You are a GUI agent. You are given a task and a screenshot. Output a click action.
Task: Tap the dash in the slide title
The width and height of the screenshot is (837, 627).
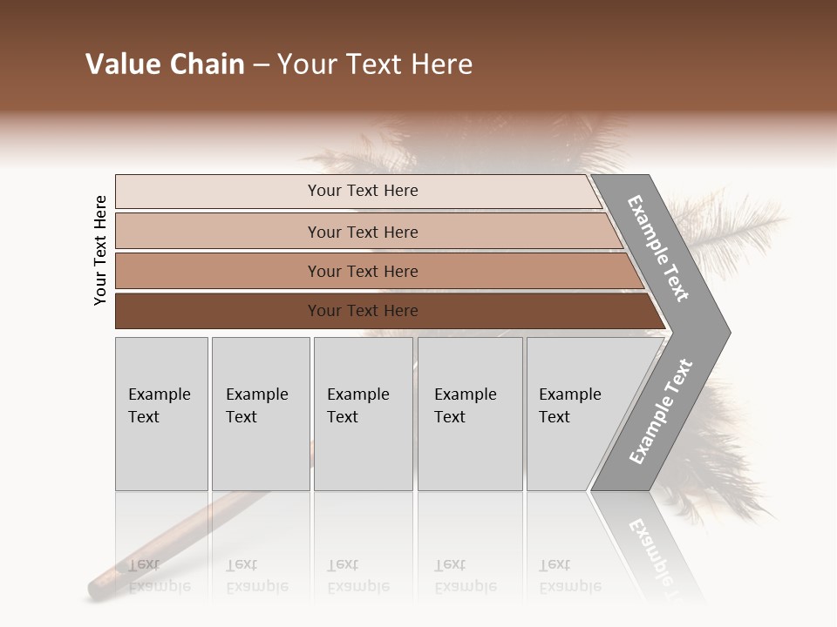(x=261, y=65)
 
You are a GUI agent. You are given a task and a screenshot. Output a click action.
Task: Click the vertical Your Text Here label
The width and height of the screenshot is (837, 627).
(x=100, y=250)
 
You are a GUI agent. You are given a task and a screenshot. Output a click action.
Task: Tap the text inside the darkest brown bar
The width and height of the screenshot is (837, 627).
(x=363, y=311)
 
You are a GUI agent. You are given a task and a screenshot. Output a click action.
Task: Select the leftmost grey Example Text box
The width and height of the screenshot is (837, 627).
(x=161, y=414)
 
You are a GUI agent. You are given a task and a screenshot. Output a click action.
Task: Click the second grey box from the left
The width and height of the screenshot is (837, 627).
(x=261, y=414)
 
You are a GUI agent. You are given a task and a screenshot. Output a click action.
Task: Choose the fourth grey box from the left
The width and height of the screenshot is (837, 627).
(x=470, y=414)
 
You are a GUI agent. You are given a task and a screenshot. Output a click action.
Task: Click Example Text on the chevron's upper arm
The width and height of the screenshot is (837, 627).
(x=658, y=248)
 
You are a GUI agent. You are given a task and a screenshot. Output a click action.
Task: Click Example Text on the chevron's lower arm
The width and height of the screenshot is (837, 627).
(x=660, y=412)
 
